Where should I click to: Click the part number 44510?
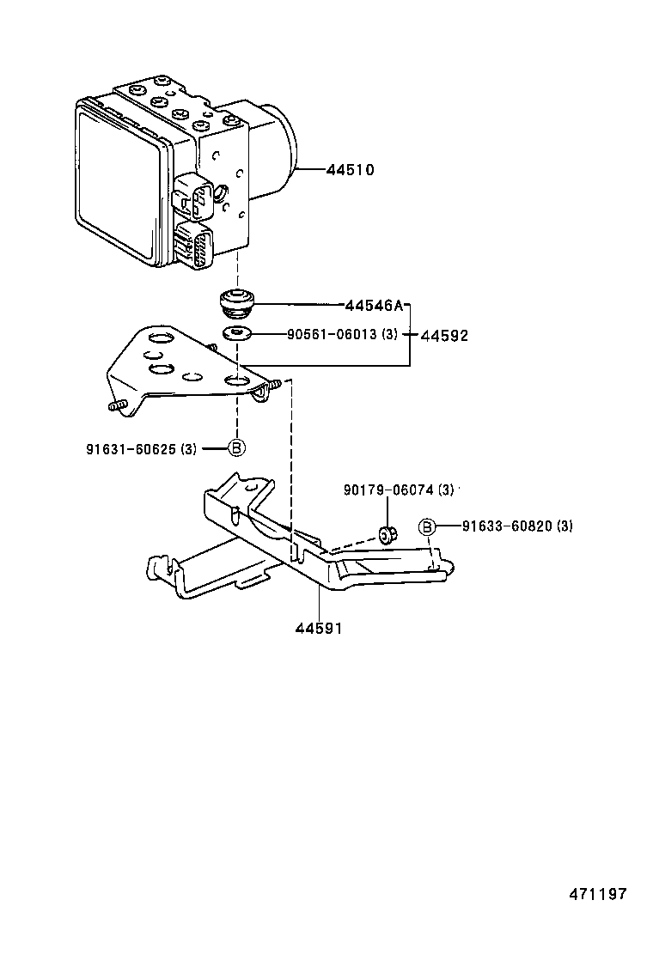[x=350, y=170]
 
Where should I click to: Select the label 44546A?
[x=373, y=305]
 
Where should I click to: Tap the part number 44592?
[x=444, y=336]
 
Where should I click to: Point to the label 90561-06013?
[x=331, y=335]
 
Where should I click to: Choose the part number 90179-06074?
[x=387, y=490]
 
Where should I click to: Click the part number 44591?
[x=319, y=629]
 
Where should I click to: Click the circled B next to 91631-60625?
[x=237, y=447]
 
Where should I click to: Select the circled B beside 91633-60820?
[x=427, y=526]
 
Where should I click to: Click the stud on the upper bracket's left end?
[x=117, y=405]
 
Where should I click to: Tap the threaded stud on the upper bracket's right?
[x=272, y=387]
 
